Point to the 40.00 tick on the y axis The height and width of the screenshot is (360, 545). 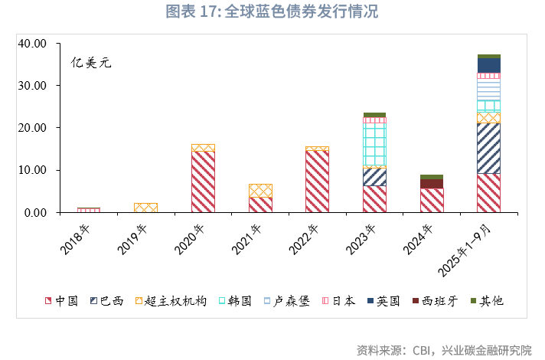pos(34,44)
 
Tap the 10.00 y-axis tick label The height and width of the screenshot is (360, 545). pos(34,170)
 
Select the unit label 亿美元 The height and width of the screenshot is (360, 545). pos(91,63)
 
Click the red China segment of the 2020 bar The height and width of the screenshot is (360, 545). pos(203,181)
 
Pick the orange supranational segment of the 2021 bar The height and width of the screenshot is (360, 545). pos(260,191)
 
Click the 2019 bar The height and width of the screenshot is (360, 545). pos(145,208)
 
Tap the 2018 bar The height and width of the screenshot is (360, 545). pos(89,210)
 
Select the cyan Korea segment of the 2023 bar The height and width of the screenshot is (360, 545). pos(374,144)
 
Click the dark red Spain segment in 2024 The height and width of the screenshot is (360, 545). pos(432,184)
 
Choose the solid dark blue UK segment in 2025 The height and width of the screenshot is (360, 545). pos(488,65)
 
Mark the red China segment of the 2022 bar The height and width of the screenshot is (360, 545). pos(317,181)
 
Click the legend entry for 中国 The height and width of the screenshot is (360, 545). pos(61,301)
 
